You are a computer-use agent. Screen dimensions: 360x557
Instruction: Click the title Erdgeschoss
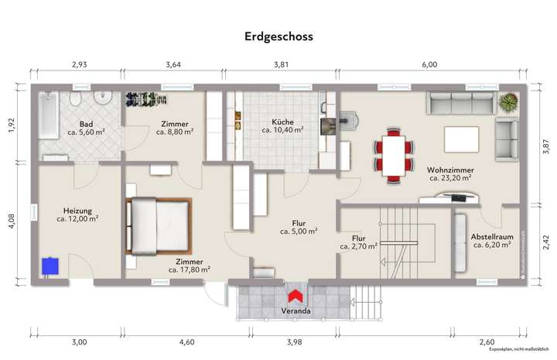278,36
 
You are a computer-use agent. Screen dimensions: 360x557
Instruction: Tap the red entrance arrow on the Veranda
295,295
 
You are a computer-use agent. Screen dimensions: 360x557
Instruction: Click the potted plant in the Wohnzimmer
508,103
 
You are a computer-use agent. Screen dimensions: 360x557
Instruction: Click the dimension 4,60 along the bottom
186,341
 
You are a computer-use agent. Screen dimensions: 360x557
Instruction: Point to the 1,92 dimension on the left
12,125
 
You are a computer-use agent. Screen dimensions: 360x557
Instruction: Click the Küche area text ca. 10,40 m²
282,131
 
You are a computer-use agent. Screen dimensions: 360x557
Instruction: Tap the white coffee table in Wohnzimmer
461,139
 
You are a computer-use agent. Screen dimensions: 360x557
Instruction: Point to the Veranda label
297,311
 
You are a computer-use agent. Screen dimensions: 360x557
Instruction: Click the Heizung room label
78,211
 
